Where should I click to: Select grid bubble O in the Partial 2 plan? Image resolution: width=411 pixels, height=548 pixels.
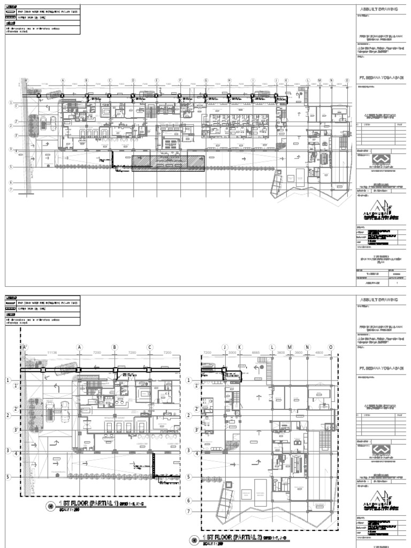tap(331, 347)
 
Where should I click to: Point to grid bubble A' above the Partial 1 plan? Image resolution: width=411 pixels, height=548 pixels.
tap(24, 347)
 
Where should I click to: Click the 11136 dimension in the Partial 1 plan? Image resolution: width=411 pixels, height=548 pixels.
tap(52, 353)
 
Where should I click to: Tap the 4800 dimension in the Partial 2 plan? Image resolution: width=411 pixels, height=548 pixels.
tap(319, 353)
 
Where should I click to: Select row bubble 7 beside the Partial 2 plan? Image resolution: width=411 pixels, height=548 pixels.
tap(188, 511)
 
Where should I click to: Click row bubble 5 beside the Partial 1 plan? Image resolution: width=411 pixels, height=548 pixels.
tap(9, 476)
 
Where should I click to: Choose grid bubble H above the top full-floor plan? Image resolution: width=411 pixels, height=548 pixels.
tap(229, 80)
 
